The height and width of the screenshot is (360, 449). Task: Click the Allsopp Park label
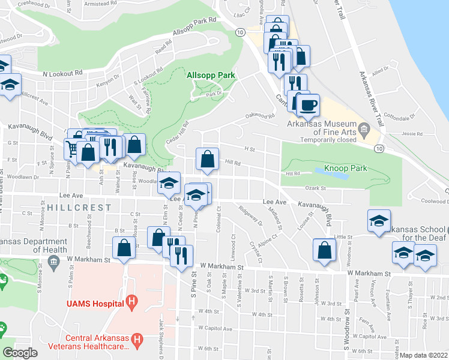(x=210, y=75)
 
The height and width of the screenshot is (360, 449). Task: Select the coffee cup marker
(x=308, y=106)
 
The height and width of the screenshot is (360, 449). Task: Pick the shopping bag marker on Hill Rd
(x=207, y=160)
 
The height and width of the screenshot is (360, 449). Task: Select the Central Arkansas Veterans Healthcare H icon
(x=137, y=341)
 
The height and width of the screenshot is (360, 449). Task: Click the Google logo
(x=20, y=353)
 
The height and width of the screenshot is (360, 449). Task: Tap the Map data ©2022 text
(x=423, y=355)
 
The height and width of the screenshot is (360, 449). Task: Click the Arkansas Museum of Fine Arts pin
(x=364, y=128)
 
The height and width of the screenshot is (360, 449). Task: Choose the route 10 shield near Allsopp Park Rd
(x=240, y=32)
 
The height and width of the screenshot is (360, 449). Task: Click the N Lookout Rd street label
(x=62, y=73)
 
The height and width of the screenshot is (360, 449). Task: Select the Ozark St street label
(x=314, y=188)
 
